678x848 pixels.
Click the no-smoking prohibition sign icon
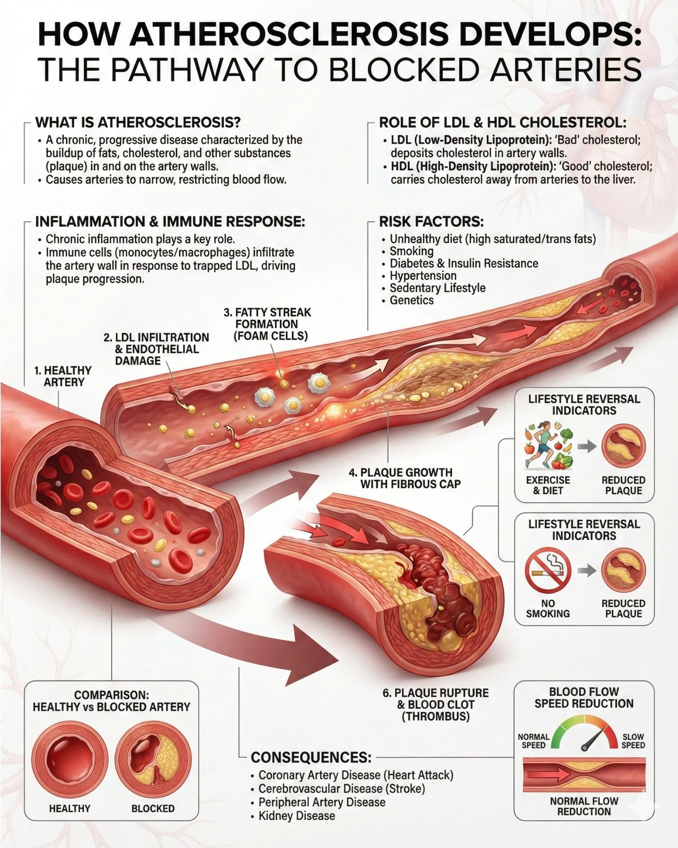(x=548, y=570)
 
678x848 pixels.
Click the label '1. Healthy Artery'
(x=63, y=376)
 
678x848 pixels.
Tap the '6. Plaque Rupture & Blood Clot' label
(x=435, y=704)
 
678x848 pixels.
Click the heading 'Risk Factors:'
(x=431, y=222)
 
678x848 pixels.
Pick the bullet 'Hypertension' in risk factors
(x=423, y=276)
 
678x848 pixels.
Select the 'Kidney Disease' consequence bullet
(x=296, y=815)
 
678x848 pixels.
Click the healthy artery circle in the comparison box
(x=70, y=760)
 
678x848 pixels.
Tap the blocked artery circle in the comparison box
(x=153, y=760)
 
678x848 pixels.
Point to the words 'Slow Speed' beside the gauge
(x=633, y=741)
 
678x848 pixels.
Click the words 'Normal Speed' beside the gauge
(x=534, y=741)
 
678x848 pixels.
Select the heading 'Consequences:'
(x=311, y=757)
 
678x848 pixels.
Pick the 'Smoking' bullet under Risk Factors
(x=411, y=251)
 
